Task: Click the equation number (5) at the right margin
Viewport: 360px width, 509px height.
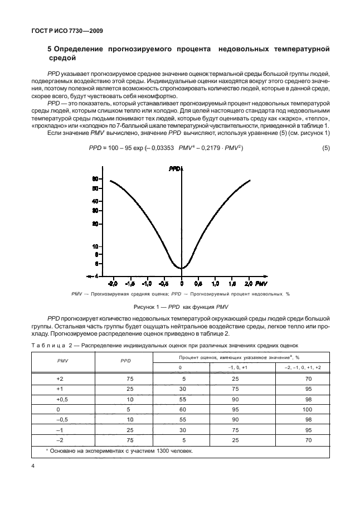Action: pyautogui.click(x=326, y=147)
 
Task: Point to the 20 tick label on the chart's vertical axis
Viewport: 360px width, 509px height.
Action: pyautogui.click(x=95, y=224)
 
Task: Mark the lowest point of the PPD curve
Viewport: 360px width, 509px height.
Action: pyautogui.click(x=182, y=268)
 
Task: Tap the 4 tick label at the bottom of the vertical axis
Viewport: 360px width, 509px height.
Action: pyautogui.click(x=97, y=275)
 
